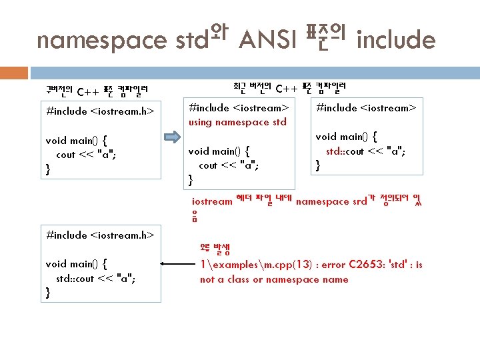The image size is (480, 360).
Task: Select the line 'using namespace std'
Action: pyautogui.click(x=238, y=122)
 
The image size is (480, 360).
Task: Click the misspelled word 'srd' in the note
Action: pyautogui.click(x=359, y=201)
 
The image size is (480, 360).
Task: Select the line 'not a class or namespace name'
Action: pyautogui.click(x=274, y=279)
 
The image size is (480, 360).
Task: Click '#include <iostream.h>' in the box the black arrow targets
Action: pyautogui.click(x=100, y=235)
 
